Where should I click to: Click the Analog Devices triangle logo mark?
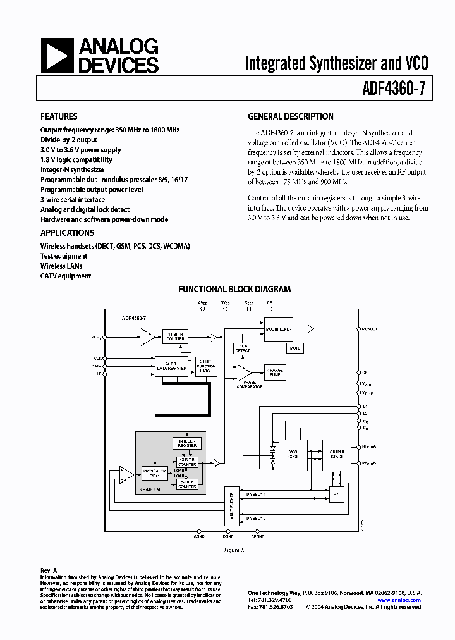point(57,55)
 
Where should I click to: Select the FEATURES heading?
point(59,116)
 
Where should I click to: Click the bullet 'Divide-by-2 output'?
point(69,140)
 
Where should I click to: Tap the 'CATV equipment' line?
point(66,276)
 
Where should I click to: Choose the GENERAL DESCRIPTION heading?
point(290,116)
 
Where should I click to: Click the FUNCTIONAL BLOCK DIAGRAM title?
point(234,289)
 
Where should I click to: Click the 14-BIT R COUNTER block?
point(175,336)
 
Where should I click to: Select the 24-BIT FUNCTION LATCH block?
point(206,365)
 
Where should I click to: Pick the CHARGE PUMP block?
point(276,372)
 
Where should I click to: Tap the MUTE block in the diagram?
point(294,348)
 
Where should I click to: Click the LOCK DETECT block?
point(243,348)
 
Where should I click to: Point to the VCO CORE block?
point(293,454)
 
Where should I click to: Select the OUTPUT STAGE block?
point(337,454)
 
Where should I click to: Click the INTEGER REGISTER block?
point(187,443)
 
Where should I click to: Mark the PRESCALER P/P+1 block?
point(154,472)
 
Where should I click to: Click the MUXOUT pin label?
point(371,329)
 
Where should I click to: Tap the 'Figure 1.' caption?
point(234,549)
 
